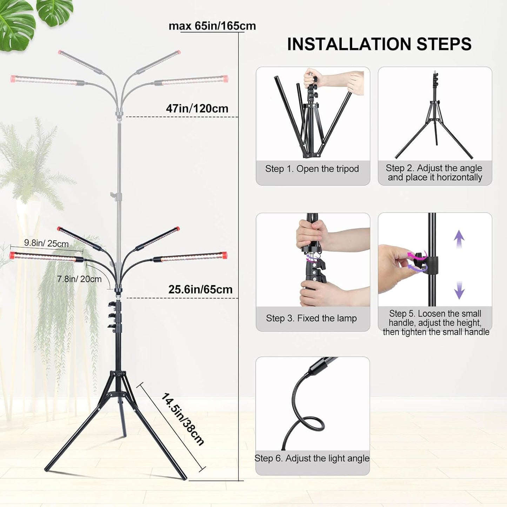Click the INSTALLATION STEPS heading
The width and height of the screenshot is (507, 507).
pyautogui.click(x=379, y=44)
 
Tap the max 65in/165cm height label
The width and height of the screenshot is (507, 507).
pyautogui.click(x=212, y=26)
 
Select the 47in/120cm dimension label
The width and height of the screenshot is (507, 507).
pyautogui.click(x=197, y=108)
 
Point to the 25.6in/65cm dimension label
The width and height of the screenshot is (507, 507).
pyautogui.click(x=200, y=289)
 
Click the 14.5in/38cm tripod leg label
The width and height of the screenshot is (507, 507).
pyautogui.click(x=182, y=419)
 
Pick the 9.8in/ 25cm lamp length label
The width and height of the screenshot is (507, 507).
pyautogui.click(x=46, y=243)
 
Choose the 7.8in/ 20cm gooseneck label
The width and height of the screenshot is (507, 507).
pyautogui.click(x=79, y=279)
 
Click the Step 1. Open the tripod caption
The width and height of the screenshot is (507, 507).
pyautogui.click(x=312, y=169)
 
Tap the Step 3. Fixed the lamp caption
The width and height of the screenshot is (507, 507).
pyautogui.click(x=311, y=318)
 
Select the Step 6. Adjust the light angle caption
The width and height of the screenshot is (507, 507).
pyautogui.click(x=312, y=458)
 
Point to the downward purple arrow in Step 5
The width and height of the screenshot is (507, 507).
pyautogui.click(x=459, y=290)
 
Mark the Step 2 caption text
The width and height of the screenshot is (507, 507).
pyautogui.click(x=435, y=173)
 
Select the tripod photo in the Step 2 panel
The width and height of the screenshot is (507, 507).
pyautogui.click(x=435, y=116)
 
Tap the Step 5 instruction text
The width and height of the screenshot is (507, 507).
pyautogui.click(x=435, y=323)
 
